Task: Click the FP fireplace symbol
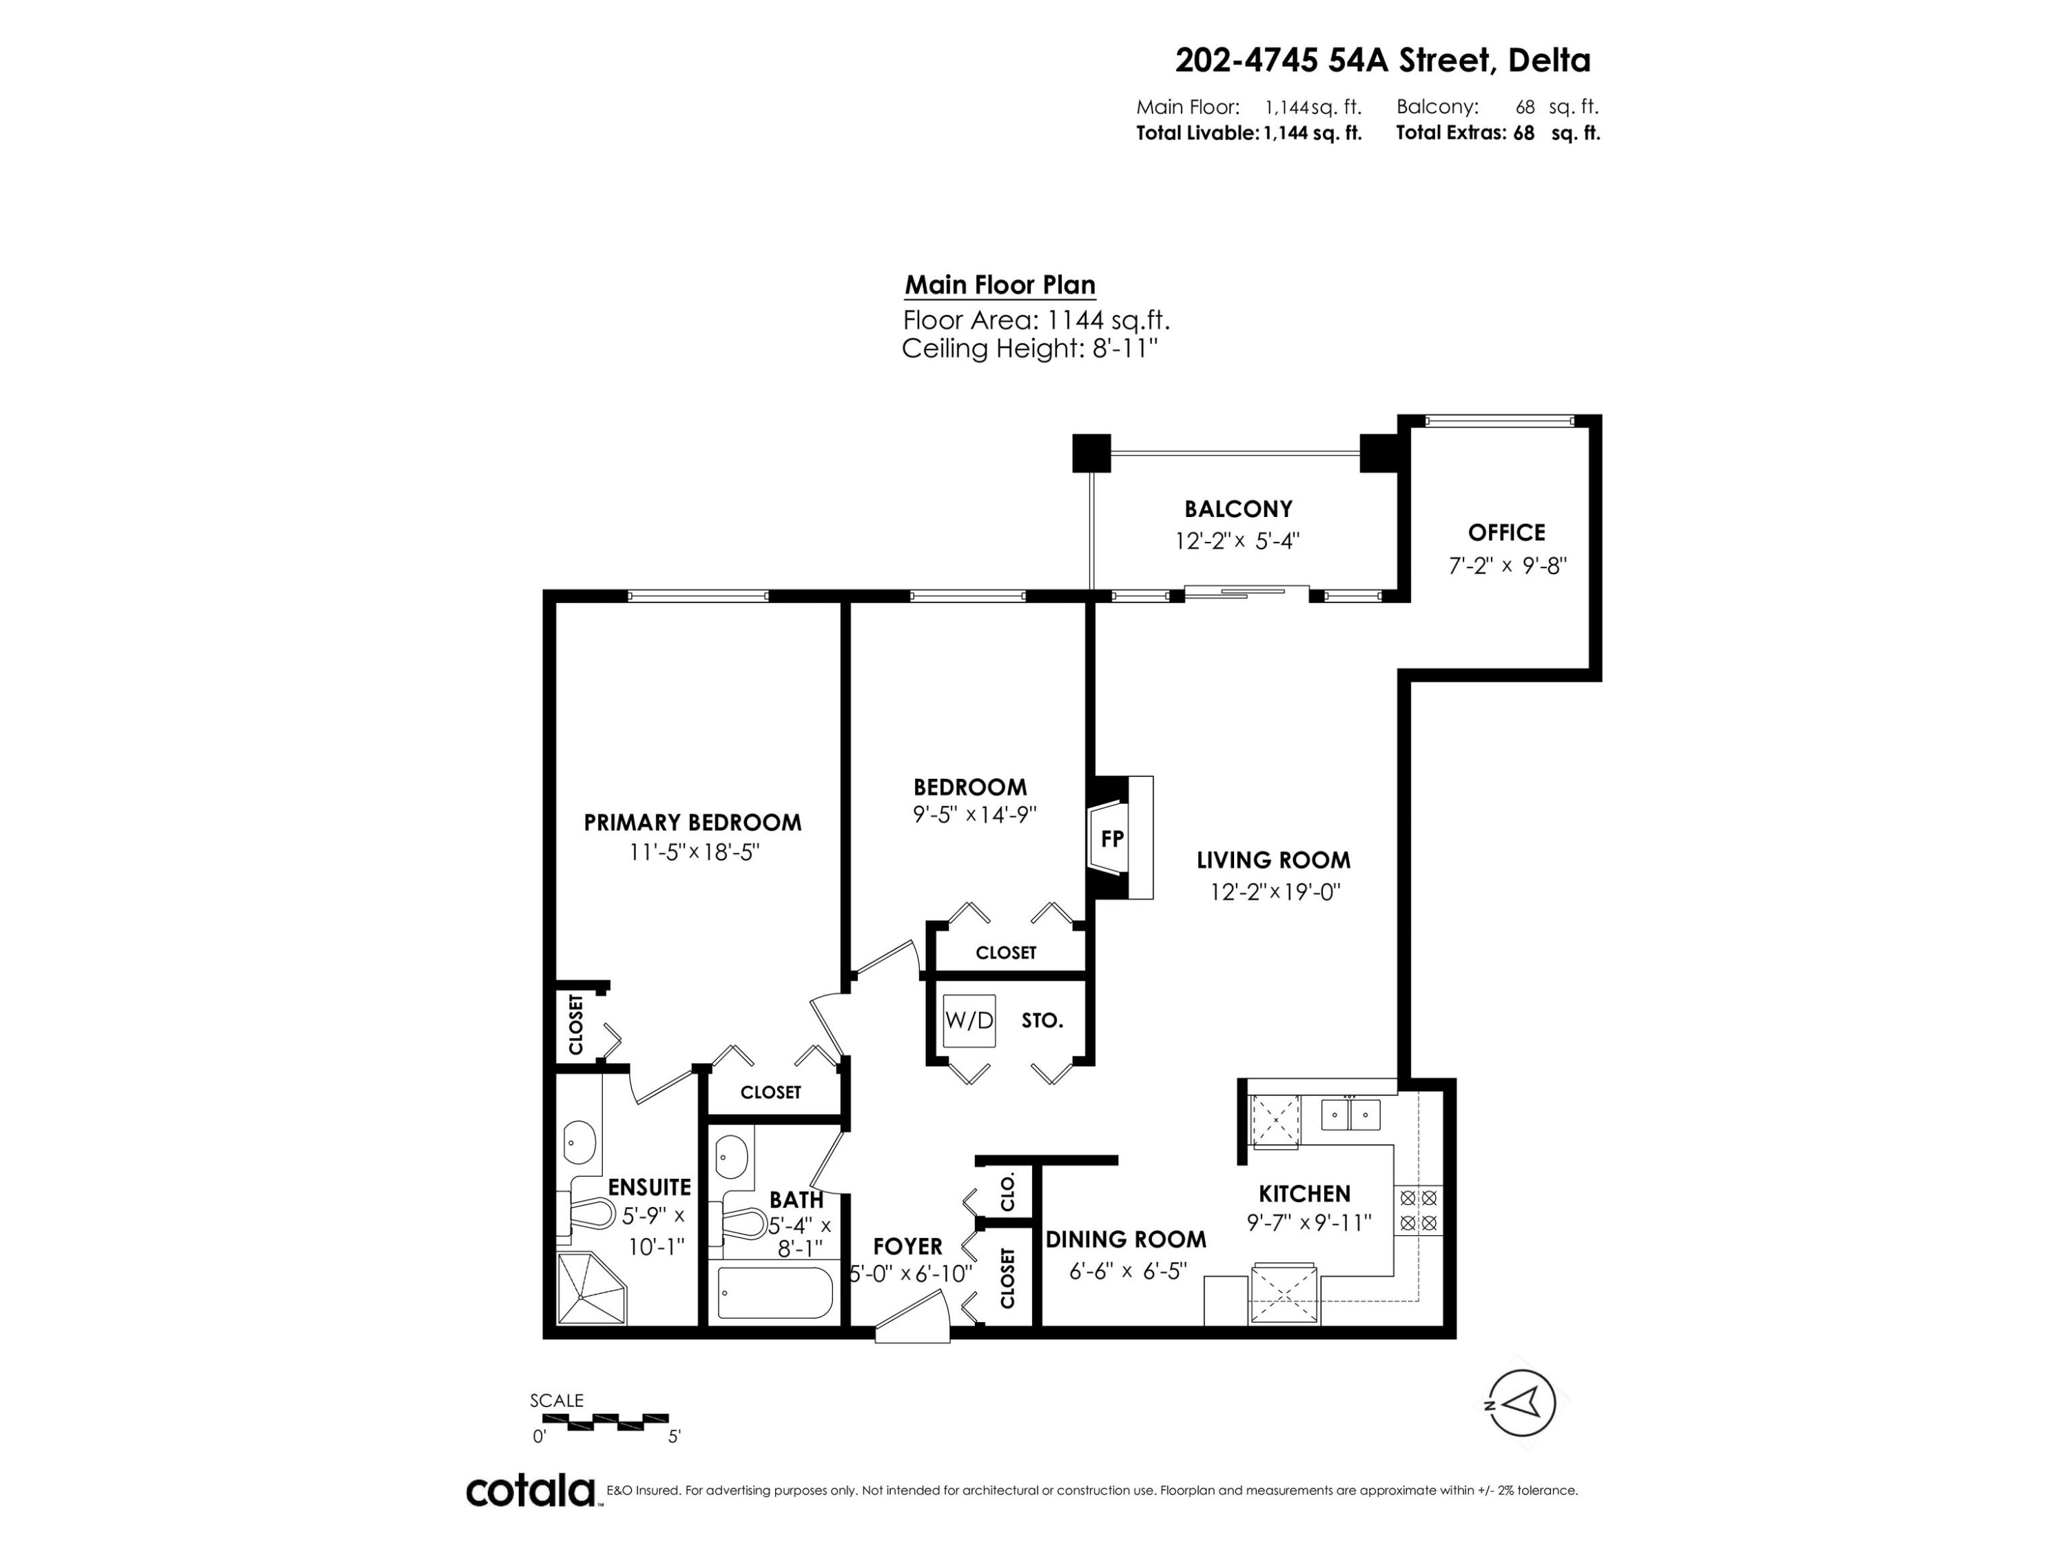click(1120, 838)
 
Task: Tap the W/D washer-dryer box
click(969, 1020)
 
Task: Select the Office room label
click(1506, 532)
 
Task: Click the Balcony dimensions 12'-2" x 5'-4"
click(1237, 541)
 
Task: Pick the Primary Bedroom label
click(692, 822)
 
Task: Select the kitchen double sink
click(1351, 1115)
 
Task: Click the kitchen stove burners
click(1417, 1210)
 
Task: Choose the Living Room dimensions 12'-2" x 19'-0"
click(1275, 892)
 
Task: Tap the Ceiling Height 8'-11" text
click(1030, 349)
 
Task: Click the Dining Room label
click(1126, 1239)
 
